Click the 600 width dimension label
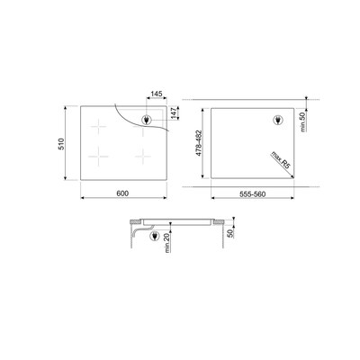pos(122,193)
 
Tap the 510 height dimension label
pos(61,144)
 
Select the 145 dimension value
pos(157,94)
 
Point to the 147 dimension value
pos(174,112)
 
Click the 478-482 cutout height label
pos(198,143)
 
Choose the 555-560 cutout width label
pos(252,194)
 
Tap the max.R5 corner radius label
pos(281,160)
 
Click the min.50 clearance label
pos(302,121)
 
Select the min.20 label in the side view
pos(167,243)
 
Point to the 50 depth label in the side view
pos(230,233)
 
